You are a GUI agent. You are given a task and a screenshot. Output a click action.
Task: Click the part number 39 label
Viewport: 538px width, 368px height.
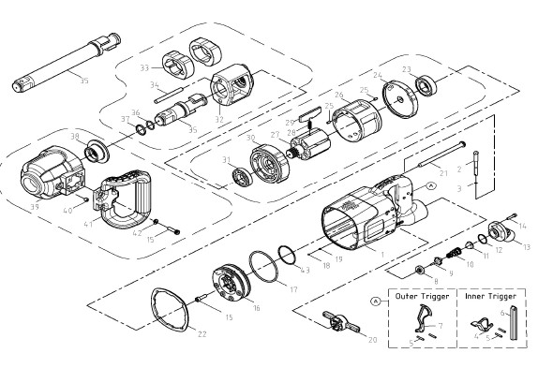(x=36, y=205)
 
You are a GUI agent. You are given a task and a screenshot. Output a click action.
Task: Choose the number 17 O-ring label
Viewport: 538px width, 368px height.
(x=293, y=289)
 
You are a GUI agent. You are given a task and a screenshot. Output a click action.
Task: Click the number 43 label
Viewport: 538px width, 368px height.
(x=305, y=272)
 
